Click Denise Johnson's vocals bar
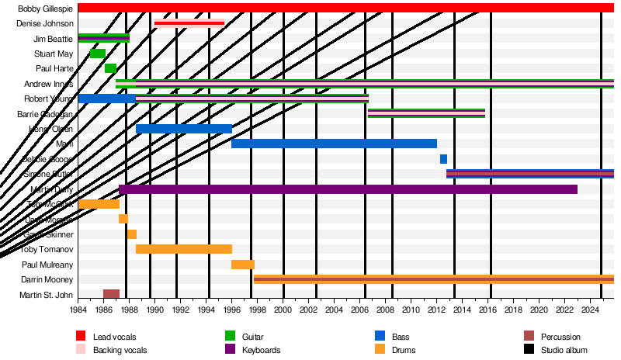[x=189, y=23]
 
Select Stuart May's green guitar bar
[x=98, y=54]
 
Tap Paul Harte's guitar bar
[x=110, y=68]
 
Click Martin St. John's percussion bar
[x=112, y=294]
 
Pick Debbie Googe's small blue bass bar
[x=443, y=159]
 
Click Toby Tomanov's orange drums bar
[x=184, y=249]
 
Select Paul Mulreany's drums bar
[x=243, y=265]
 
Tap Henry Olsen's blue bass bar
[x=184, y=129]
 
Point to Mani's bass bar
[x=334, y=144]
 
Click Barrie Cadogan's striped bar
[x=426, y=113]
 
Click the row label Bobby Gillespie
[x=46, y=9]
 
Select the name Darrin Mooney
[x=47, y=279]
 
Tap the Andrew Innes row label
[x=49, y=84]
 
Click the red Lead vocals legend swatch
[x=81, y=336]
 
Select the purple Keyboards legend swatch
[x=230, y=350]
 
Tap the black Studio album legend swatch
[x=529, y=350]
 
